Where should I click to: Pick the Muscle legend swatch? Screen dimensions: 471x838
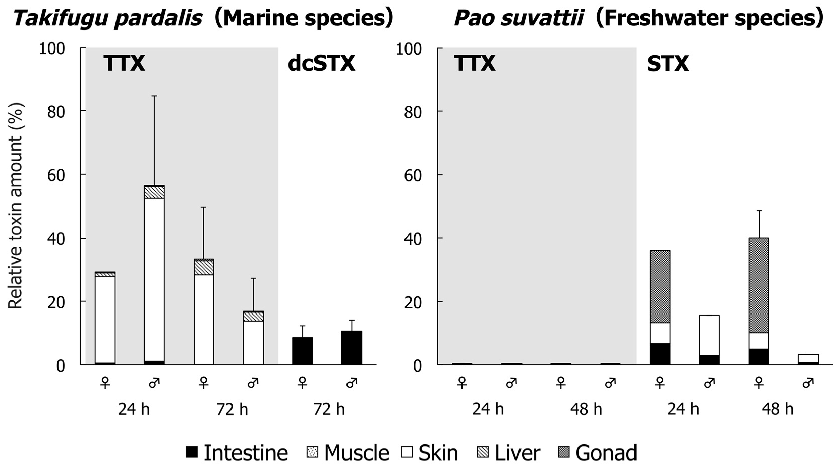point(313,452)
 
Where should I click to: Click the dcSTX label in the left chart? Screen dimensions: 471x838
point(322,64)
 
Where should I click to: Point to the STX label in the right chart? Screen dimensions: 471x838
point(668,64)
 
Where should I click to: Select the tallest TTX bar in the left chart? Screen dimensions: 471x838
point(154,277)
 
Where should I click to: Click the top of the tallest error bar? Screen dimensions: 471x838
point(154,96)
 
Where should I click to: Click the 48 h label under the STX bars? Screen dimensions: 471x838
point(777,409)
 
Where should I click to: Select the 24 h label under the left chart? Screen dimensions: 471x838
point(134,409)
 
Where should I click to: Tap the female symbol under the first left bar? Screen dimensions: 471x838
point(105,383)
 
